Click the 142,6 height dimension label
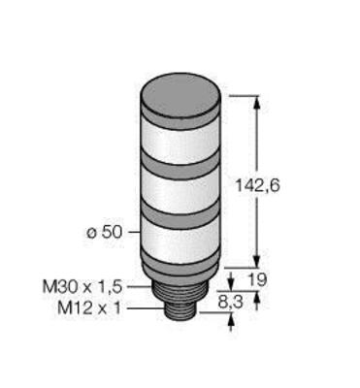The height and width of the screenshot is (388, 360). pos(257,185)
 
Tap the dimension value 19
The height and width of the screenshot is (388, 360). pos(258,279)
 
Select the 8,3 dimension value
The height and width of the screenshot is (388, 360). pos(231,303)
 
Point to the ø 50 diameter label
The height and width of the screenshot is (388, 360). pos(105,232)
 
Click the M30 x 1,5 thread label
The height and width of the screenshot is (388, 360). pos(82,286)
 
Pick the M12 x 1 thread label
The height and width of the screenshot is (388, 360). pos(89,307)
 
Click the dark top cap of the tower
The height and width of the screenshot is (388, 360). pos(180,99)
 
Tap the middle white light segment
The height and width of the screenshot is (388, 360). pos(180,192)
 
